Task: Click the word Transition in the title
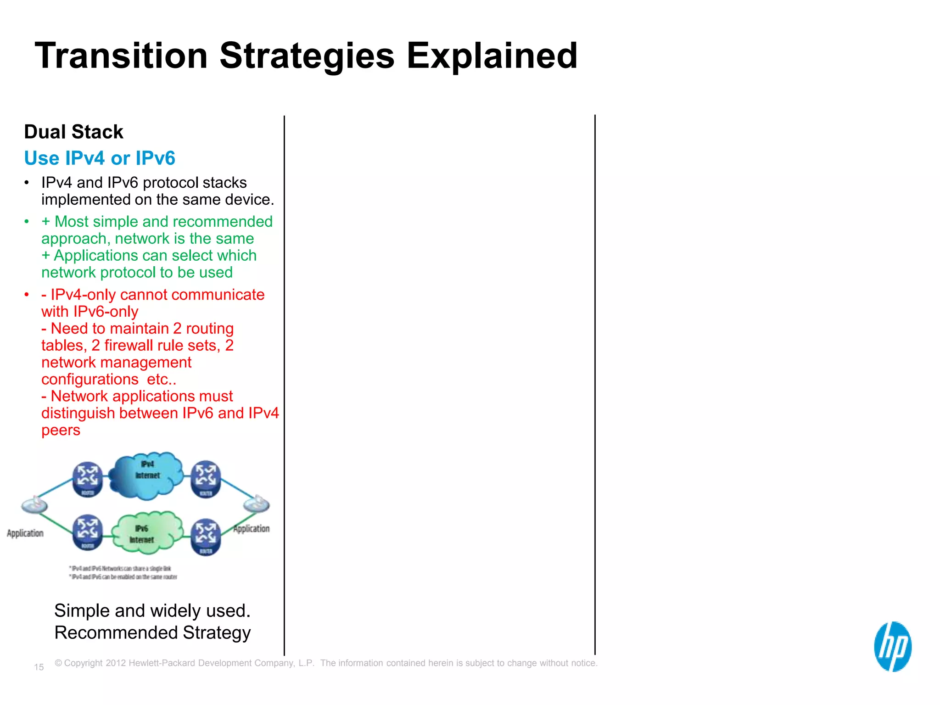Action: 121,56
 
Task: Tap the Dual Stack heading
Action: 73,132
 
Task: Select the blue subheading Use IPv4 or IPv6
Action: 100,158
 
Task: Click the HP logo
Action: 892,646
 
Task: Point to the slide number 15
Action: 39,667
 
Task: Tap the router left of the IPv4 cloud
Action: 88,479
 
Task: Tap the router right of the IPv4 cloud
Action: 206,479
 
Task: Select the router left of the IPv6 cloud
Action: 88,532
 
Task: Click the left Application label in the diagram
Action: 25,533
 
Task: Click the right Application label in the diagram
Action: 252,529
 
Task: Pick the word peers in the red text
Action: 61,431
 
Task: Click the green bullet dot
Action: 27,222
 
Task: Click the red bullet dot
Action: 27,295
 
